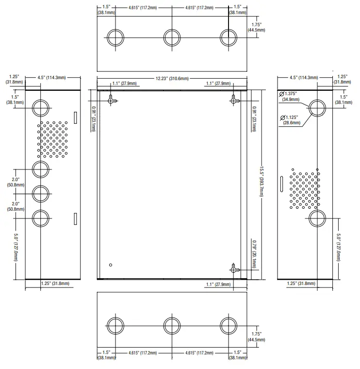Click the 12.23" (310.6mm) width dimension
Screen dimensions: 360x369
pos(172,78)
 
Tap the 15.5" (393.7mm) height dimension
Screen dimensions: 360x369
pos(262,182)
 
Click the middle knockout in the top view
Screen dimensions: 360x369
pos(172,38)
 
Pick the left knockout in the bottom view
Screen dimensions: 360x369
pos(115,326)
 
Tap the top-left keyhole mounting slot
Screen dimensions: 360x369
pos(112,100)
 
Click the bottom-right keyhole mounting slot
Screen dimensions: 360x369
pos(234,268)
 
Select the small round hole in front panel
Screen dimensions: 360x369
pos(111,265)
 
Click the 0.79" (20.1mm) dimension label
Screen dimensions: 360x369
pos(254,254)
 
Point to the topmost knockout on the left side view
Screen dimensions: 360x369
pos(41,108)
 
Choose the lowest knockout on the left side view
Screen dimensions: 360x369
pos(41,218)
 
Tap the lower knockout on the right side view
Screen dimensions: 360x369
pos(317,218)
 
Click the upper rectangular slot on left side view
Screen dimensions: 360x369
pos(76,117)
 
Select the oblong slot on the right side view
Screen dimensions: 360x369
pos(281,184)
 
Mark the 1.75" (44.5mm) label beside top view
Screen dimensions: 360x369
pos(256,27)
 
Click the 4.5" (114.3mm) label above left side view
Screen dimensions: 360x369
pos(51,77)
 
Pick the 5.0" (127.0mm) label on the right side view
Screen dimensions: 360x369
pos(339,247)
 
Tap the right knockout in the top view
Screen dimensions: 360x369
pos(229,38)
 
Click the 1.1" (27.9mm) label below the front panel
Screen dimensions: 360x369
pos(218,285)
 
